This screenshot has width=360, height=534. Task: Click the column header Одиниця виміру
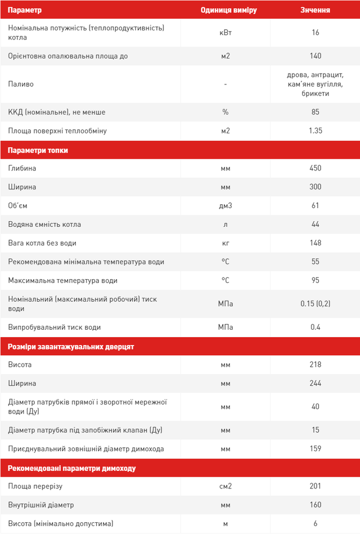point(225,10)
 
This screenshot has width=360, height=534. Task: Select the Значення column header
point(315,10)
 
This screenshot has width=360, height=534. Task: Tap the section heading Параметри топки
point(38,150)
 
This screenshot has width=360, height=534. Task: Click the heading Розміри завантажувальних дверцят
point(71,347)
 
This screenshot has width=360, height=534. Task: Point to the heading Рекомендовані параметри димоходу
point(71,468)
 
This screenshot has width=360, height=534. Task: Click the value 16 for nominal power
point(315,33)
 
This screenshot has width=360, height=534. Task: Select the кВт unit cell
point(225,33)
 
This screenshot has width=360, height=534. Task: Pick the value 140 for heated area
point(315,56)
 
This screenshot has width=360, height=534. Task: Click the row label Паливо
point(21,84)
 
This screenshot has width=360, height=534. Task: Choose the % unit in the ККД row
point(225,112)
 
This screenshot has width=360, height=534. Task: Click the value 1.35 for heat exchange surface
point(315,131)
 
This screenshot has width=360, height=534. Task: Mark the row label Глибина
point(22,168)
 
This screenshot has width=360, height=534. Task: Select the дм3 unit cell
point(225,205)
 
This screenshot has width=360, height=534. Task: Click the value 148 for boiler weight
point(315,243)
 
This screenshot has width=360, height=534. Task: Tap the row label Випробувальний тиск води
point(55,327)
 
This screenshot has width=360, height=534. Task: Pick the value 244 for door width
point(315,383)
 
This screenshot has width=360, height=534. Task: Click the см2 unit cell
point(225,486)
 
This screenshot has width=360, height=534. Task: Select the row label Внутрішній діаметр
point(41,505)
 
